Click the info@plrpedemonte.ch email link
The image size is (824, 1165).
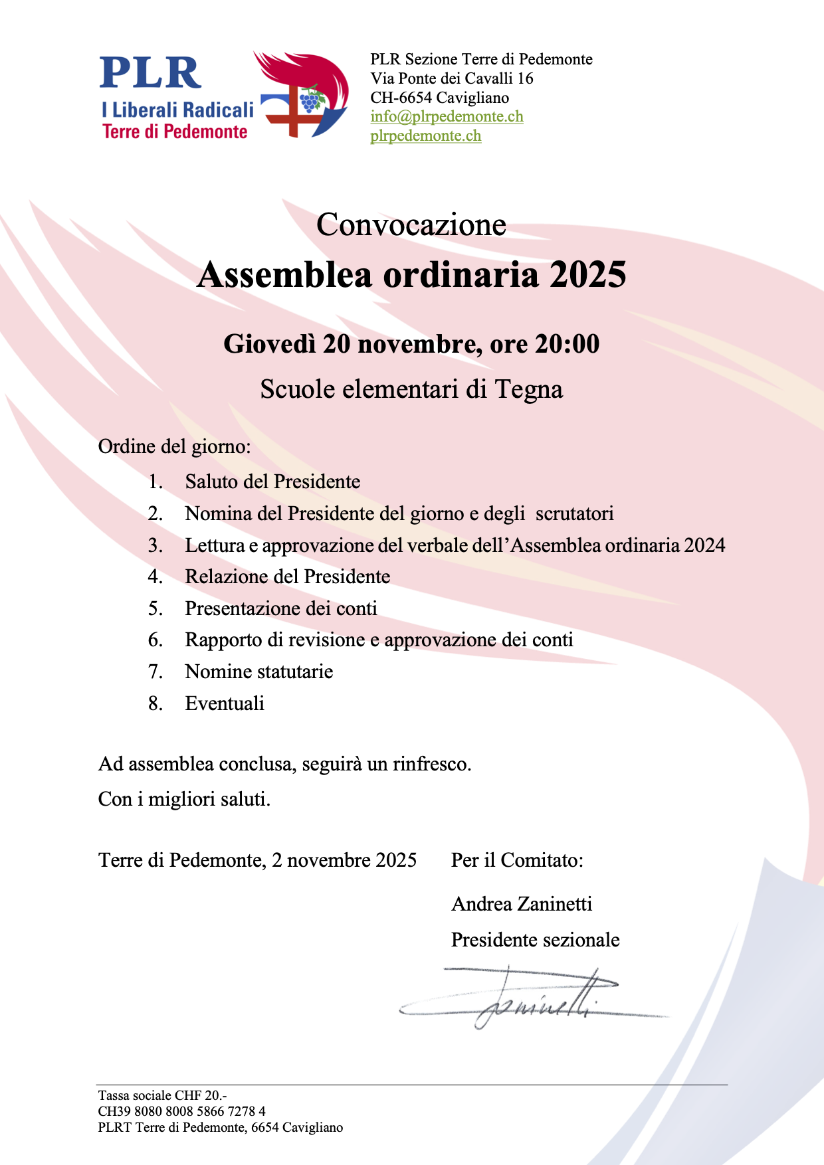pyautogui.click(x=447, y=117)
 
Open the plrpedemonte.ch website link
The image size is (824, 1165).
pyautogui.click(x=425, y=136)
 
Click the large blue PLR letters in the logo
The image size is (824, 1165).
pyautogui.click(x=150, y=73)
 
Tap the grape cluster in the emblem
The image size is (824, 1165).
pyautogui.click(x=310, y=101)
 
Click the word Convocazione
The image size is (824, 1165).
pyautogui.click(x=411, y=224)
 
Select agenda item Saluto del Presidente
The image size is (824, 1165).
pyautogui.click(x=272, y=482)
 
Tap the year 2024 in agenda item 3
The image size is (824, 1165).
pyautogui.click(x=704, y=545)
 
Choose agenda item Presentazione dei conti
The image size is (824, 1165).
pyautogui.click(x=281, y=608)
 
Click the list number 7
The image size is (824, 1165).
pyautogui.click(x=155, y=672)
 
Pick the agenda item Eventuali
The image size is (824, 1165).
pyautogui.click(x=225, y=703)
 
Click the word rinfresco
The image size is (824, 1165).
pyautogui.click(x=431, y=764)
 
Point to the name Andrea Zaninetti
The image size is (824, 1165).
pyautogui.click(x=522, y=904)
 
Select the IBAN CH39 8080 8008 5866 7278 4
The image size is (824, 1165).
pyautogui.click(x=181, y=1111)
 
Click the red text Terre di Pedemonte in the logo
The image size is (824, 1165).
pyautogui.click(x=175, y=132)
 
